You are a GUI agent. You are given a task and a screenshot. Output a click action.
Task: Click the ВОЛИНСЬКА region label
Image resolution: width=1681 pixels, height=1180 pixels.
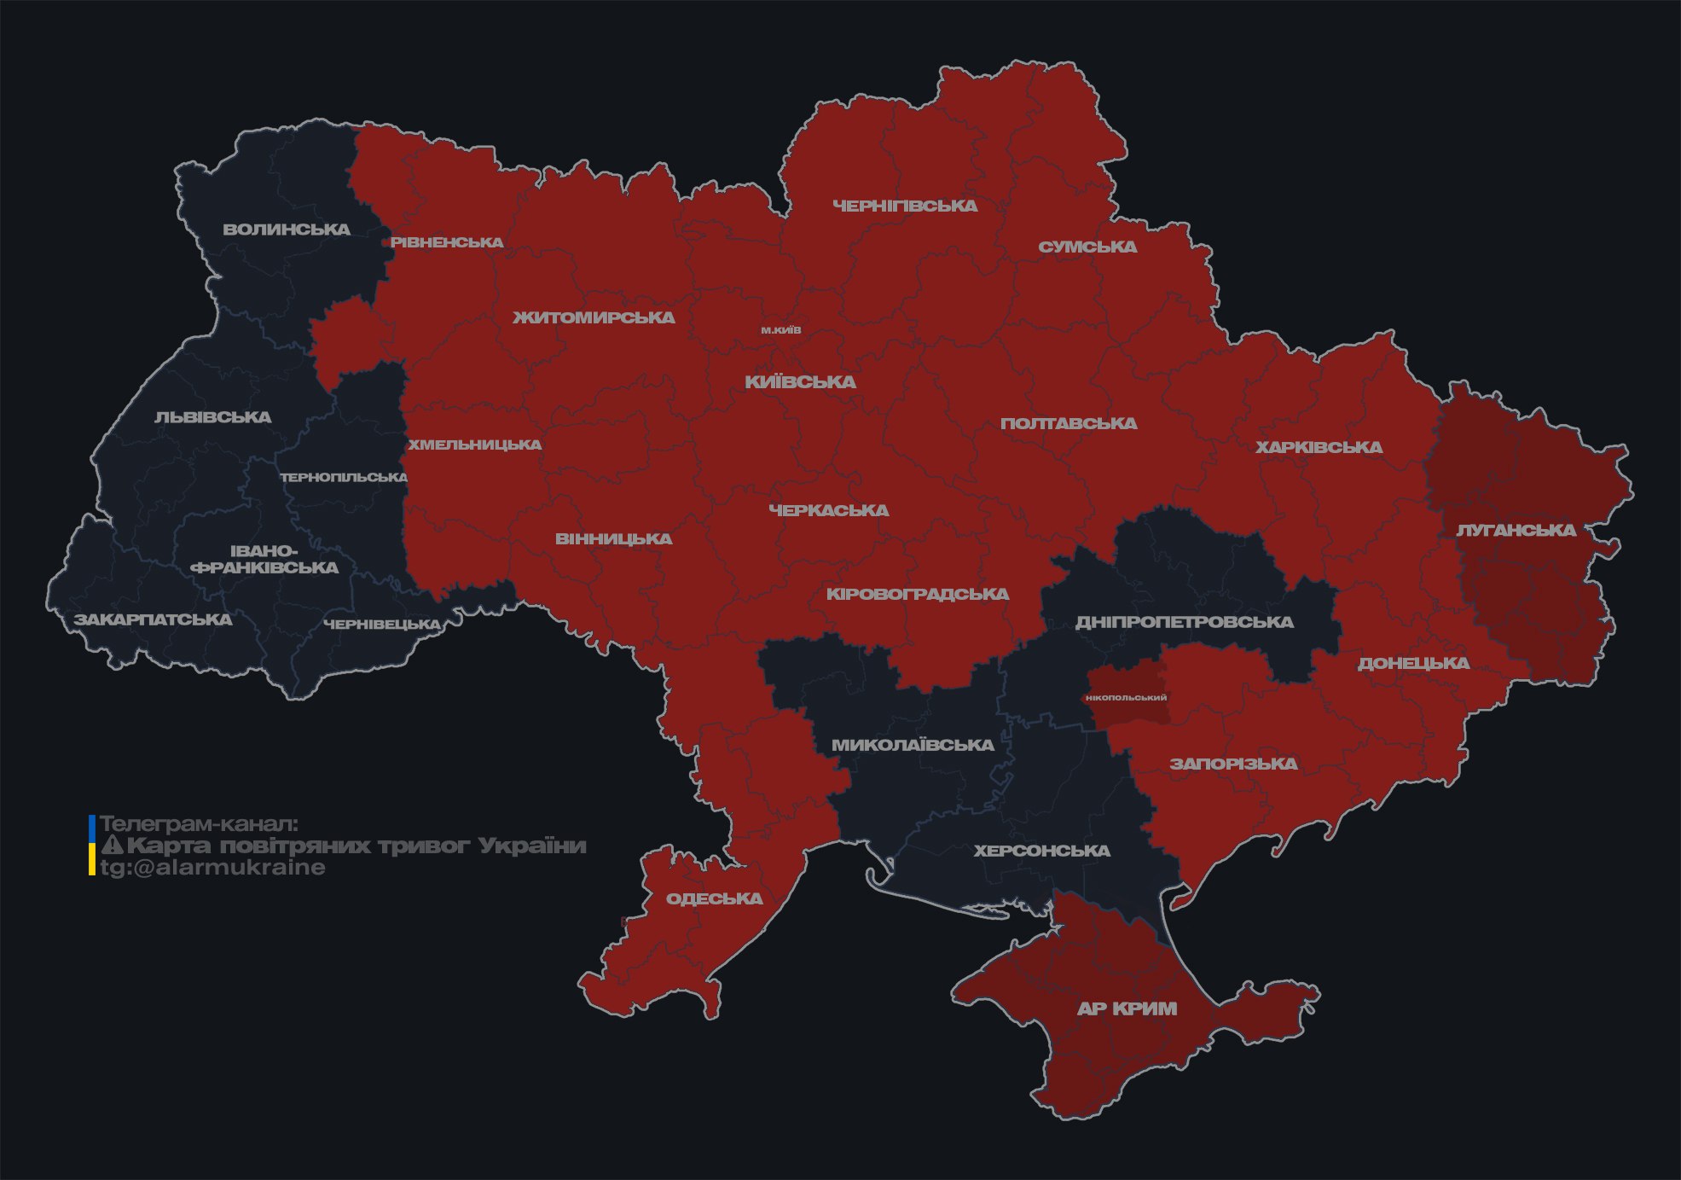(287, 230)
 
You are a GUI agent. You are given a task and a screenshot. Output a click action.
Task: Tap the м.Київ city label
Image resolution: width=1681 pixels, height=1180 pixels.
(781, 330)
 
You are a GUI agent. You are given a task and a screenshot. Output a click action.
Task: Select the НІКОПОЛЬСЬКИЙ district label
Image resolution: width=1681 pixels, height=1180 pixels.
(1126, 698)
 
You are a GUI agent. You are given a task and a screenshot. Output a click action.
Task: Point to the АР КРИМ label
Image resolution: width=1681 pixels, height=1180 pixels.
(1127, 1009)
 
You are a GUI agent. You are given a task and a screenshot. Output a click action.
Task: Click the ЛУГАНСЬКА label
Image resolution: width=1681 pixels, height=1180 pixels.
(1516, 531)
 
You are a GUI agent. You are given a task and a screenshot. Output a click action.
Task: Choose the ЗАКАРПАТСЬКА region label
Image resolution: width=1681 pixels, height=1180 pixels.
(153, 619)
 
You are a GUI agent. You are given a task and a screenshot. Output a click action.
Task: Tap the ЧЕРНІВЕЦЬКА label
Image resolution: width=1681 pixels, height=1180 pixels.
(382, 625)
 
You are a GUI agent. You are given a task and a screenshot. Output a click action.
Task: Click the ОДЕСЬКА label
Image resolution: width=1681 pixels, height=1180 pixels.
(714, 898)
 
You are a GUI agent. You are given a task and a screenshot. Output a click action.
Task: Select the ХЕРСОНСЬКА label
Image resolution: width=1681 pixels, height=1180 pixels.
(1041, 851)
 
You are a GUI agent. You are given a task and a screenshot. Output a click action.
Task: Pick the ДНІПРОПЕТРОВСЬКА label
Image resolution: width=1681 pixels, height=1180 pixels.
(1184, 622)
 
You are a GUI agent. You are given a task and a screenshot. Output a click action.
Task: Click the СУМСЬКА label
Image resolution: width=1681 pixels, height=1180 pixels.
(1087, 247)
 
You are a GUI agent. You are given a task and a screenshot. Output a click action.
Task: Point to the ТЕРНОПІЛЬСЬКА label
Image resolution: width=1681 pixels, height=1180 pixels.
(344, 477)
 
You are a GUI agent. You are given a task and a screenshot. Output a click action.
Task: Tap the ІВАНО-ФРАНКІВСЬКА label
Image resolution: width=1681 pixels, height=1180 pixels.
(264, 560)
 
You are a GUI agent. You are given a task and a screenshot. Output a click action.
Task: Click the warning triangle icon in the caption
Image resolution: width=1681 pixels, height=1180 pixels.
(112, 846)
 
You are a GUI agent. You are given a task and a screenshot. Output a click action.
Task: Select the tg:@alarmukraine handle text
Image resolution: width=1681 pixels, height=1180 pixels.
(212, 868)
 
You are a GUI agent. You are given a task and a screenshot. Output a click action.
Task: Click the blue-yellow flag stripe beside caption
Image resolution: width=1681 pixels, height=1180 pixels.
(92, 846)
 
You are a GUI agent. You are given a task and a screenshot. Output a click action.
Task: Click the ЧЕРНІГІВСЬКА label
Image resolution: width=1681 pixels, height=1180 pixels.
(905, 206)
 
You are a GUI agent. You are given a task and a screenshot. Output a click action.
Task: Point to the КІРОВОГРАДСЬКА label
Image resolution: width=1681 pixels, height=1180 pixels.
(917, 594)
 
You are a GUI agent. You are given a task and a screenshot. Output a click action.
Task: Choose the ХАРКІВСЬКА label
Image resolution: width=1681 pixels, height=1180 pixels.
(1319, 447)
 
